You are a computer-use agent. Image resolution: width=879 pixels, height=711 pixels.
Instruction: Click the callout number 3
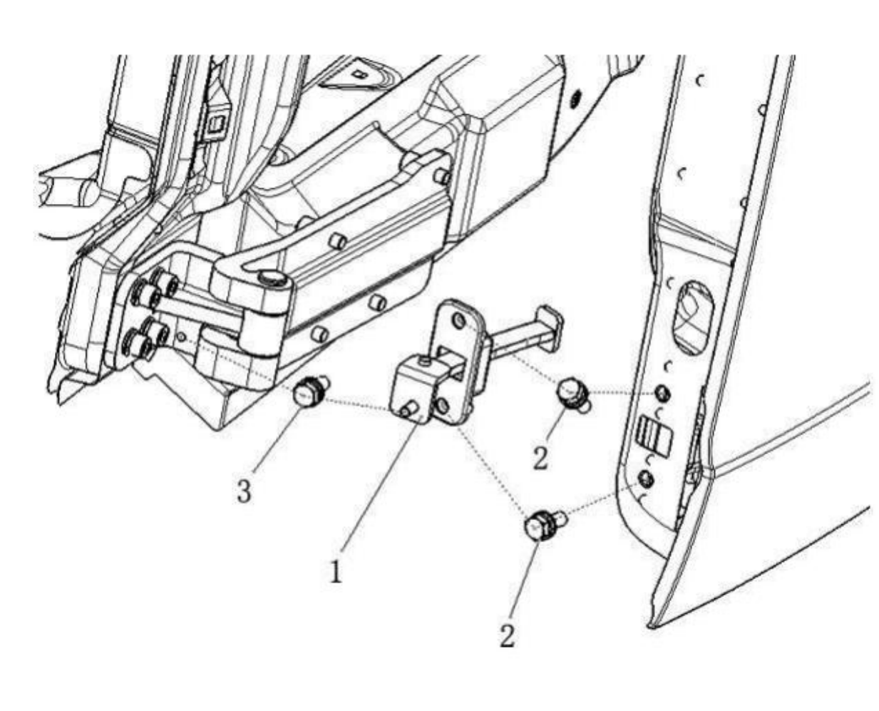click(x=244, y=491)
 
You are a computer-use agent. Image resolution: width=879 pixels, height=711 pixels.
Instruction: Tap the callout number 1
click(x=334, y=571)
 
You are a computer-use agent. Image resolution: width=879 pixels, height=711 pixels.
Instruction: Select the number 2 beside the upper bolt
click(x=540, y=457)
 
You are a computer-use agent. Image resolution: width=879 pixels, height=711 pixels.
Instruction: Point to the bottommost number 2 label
click(x=507, y=635)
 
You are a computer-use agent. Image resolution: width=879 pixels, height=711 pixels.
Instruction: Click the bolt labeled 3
click(x=308, y=394)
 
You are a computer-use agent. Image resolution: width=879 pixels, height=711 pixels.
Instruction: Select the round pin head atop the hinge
click(x=271, y=277)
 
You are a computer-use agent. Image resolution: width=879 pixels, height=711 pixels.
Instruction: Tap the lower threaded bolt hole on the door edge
click(x=645, y=477)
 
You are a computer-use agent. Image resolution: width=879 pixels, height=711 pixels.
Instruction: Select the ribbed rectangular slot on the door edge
click(x=655, y=435)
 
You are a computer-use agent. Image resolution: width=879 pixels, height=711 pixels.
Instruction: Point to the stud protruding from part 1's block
click(x=408, y=409)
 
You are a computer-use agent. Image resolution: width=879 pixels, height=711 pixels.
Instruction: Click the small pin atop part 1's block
click(x=426, y=364)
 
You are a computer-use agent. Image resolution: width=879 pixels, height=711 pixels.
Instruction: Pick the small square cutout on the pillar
click(x=214, y=126)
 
